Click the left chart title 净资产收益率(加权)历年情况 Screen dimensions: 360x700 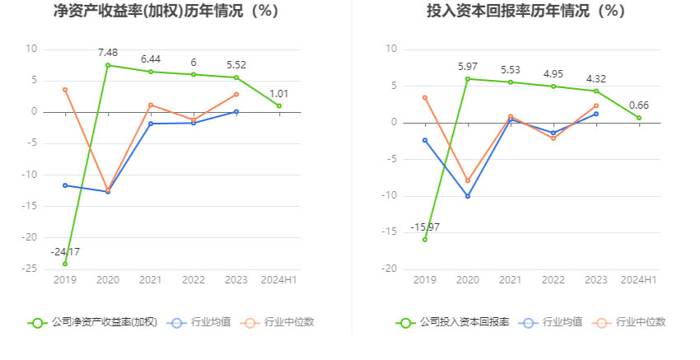click(166, 12)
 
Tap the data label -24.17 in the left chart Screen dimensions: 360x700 click(65, 251)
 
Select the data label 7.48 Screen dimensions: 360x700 click(108, 52)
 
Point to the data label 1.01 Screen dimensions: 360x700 click(279, 93)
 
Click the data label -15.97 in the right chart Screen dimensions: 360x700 click(425, 227)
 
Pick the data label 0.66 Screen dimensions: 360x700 click(639, 105)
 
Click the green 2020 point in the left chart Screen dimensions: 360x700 click(108, 65)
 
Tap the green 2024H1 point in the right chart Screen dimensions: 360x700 click(639, 118)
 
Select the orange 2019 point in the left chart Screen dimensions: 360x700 click(65, 90)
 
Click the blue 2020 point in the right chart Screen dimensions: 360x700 click(468, 196)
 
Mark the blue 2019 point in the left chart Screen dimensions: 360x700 click(65, 185)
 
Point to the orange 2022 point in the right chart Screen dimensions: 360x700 click(553, 138)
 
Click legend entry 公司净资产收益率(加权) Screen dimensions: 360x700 click(93, 322)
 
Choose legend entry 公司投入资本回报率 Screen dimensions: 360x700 click(453, 322)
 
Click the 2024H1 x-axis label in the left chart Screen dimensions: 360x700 click(279, 280)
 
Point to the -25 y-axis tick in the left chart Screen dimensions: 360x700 click(30, 269)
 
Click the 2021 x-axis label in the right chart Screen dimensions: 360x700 click(511, 280)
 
